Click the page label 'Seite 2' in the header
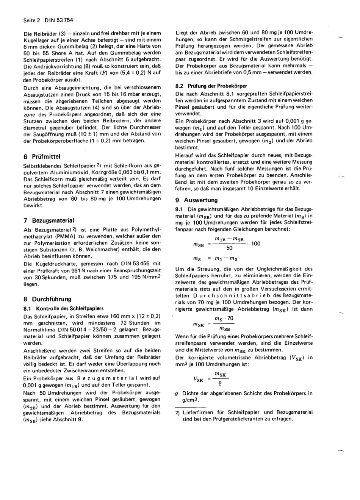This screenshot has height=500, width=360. click(x=31, y=20)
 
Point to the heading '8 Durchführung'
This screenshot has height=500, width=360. click(x=47, y=299)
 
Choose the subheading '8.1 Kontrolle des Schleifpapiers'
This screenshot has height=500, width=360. click(x=63, y=308)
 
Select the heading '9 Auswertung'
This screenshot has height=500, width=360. click(x=196, y=200)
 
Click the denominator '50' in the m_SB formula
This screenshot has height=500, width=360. click(x=229, y=248)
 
